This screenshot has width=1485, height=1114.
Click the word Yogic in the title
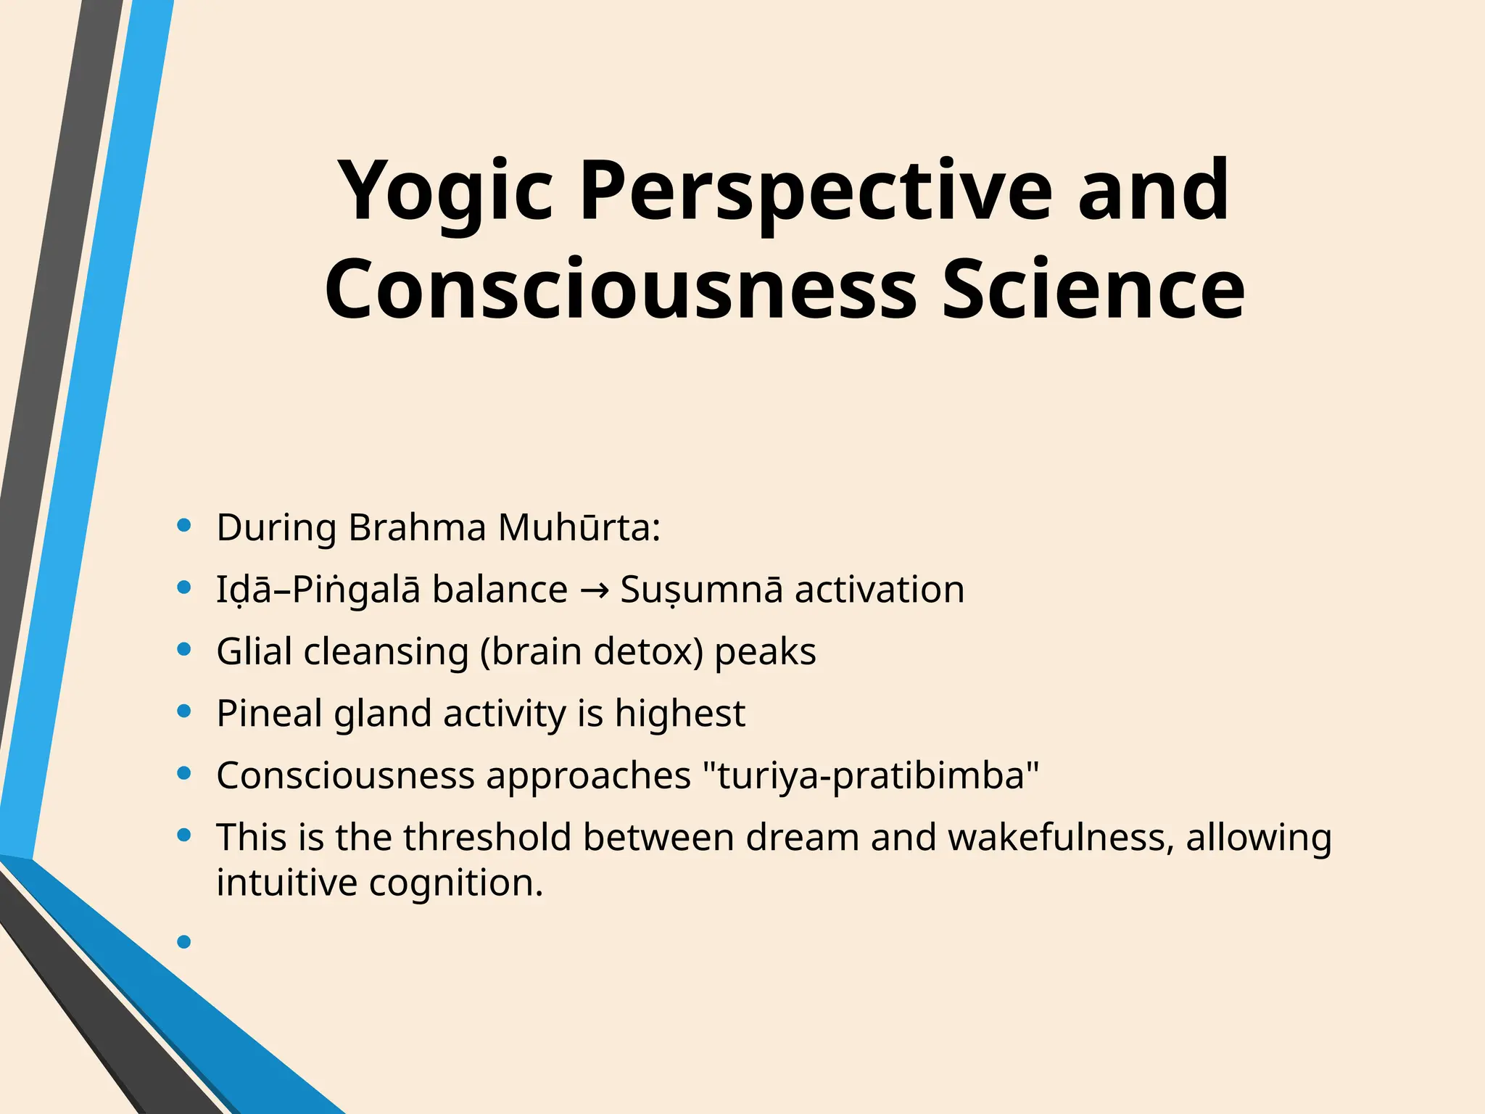point(444,192)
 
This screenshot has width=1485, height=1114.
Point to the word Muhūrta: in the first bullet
point(579,527)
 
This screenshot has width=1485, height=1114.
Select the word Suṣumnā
point(701,590)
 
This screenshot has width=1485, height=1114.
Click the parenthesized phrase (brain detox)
point(592,652)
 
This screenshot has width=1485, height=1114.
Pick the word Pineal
point(269,714)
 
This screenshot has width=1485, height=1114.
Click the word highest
point(679,714)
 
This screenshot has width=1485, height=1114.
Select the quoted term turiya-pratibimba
point(871,775)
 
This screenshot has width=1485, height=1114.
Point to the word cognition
point(455,883)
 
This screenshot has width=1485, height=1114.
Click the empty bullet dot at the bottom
point(183,942)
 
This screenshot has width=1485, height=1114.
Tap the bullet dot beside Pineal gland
point(183,711)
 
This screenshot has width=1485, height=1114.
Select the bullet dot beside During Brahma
point(183,525)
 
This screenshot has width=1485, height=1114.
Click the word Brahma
point(416,527)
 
